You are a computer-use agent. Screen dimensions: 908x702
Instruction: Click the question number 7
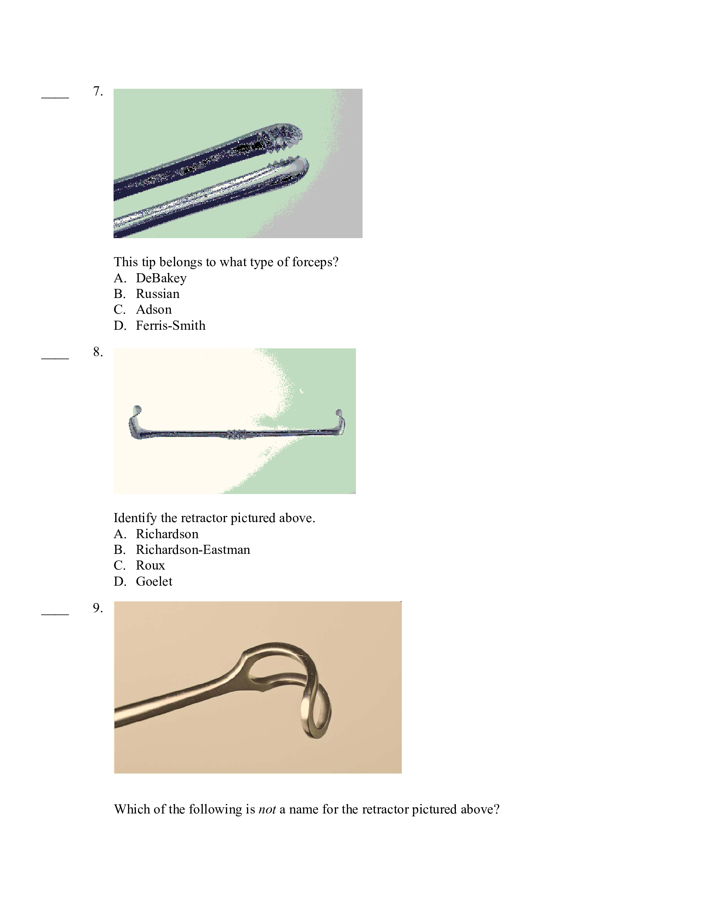click(98, 91)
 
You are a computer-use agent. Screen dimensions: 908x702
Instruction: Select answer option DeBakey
click(161, 278)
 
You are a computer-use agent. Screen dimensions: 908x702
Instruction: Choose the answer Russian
click(158, 293)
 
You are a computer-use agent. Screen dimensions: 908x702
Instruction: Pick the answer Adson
click(154, 309)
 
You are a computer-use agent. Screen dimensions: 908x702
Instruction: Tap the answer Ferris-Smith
click(171, 325)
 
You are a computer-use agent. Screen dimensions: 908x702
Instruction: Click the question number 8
click(98, 352)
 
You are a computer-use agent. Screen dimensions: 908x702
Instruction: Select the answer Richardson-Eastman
click(193, 550)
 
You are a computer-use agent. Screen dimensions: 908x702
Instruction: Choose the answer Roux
click(150, 565)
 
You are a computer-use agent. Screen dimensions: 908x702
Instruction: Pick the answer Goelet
click(154, 581)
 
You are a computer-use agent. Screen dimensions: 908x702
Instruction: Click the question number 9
click(98, 608)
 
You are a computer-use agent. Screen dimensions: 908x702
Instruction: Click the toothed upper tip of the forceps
click(287, 135)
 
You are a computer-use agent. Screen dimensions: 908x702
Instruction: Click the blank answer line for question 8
click(55, 357)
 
